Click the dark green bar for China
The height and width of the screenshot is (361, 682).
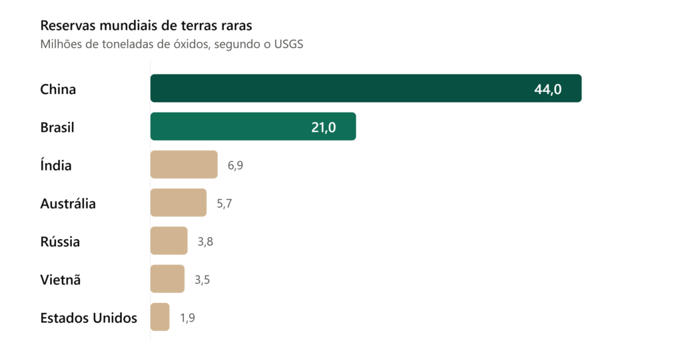366,89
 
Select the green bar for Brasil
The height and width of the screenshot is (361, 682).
253,127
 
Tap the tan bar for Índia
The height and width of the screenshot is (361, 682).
184,165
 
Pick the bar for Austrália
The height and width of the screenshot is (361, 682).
178,202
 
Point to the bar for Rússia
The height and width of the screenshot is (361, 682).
169,240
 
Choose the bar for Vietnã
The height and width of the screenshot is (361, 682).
167,279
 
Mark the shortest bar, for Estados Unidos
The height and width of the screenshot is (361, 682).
160,316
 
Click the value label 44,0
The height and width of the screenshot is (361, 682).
548,90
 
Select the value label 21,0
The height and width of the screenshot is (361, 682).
324,127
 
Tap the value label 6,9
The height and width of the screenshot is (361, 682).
235,166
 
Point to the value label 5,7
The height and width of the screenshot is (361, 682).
224,204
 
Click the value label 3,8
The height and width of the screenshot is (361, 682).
205,242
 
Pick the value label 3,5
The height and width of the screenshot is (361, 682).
202,280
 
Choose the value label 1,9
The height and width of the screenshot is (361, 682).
187,318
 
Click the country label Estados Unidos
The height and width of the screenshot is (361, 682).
89,318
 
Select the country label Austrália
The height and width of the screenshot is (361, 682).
68,204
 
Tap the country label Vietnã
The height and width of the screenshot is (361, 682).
61,280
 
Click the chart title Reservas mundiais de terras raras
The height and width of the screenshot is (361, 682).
146,26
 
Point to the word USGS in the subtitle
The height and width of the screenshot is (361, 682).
288,45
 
